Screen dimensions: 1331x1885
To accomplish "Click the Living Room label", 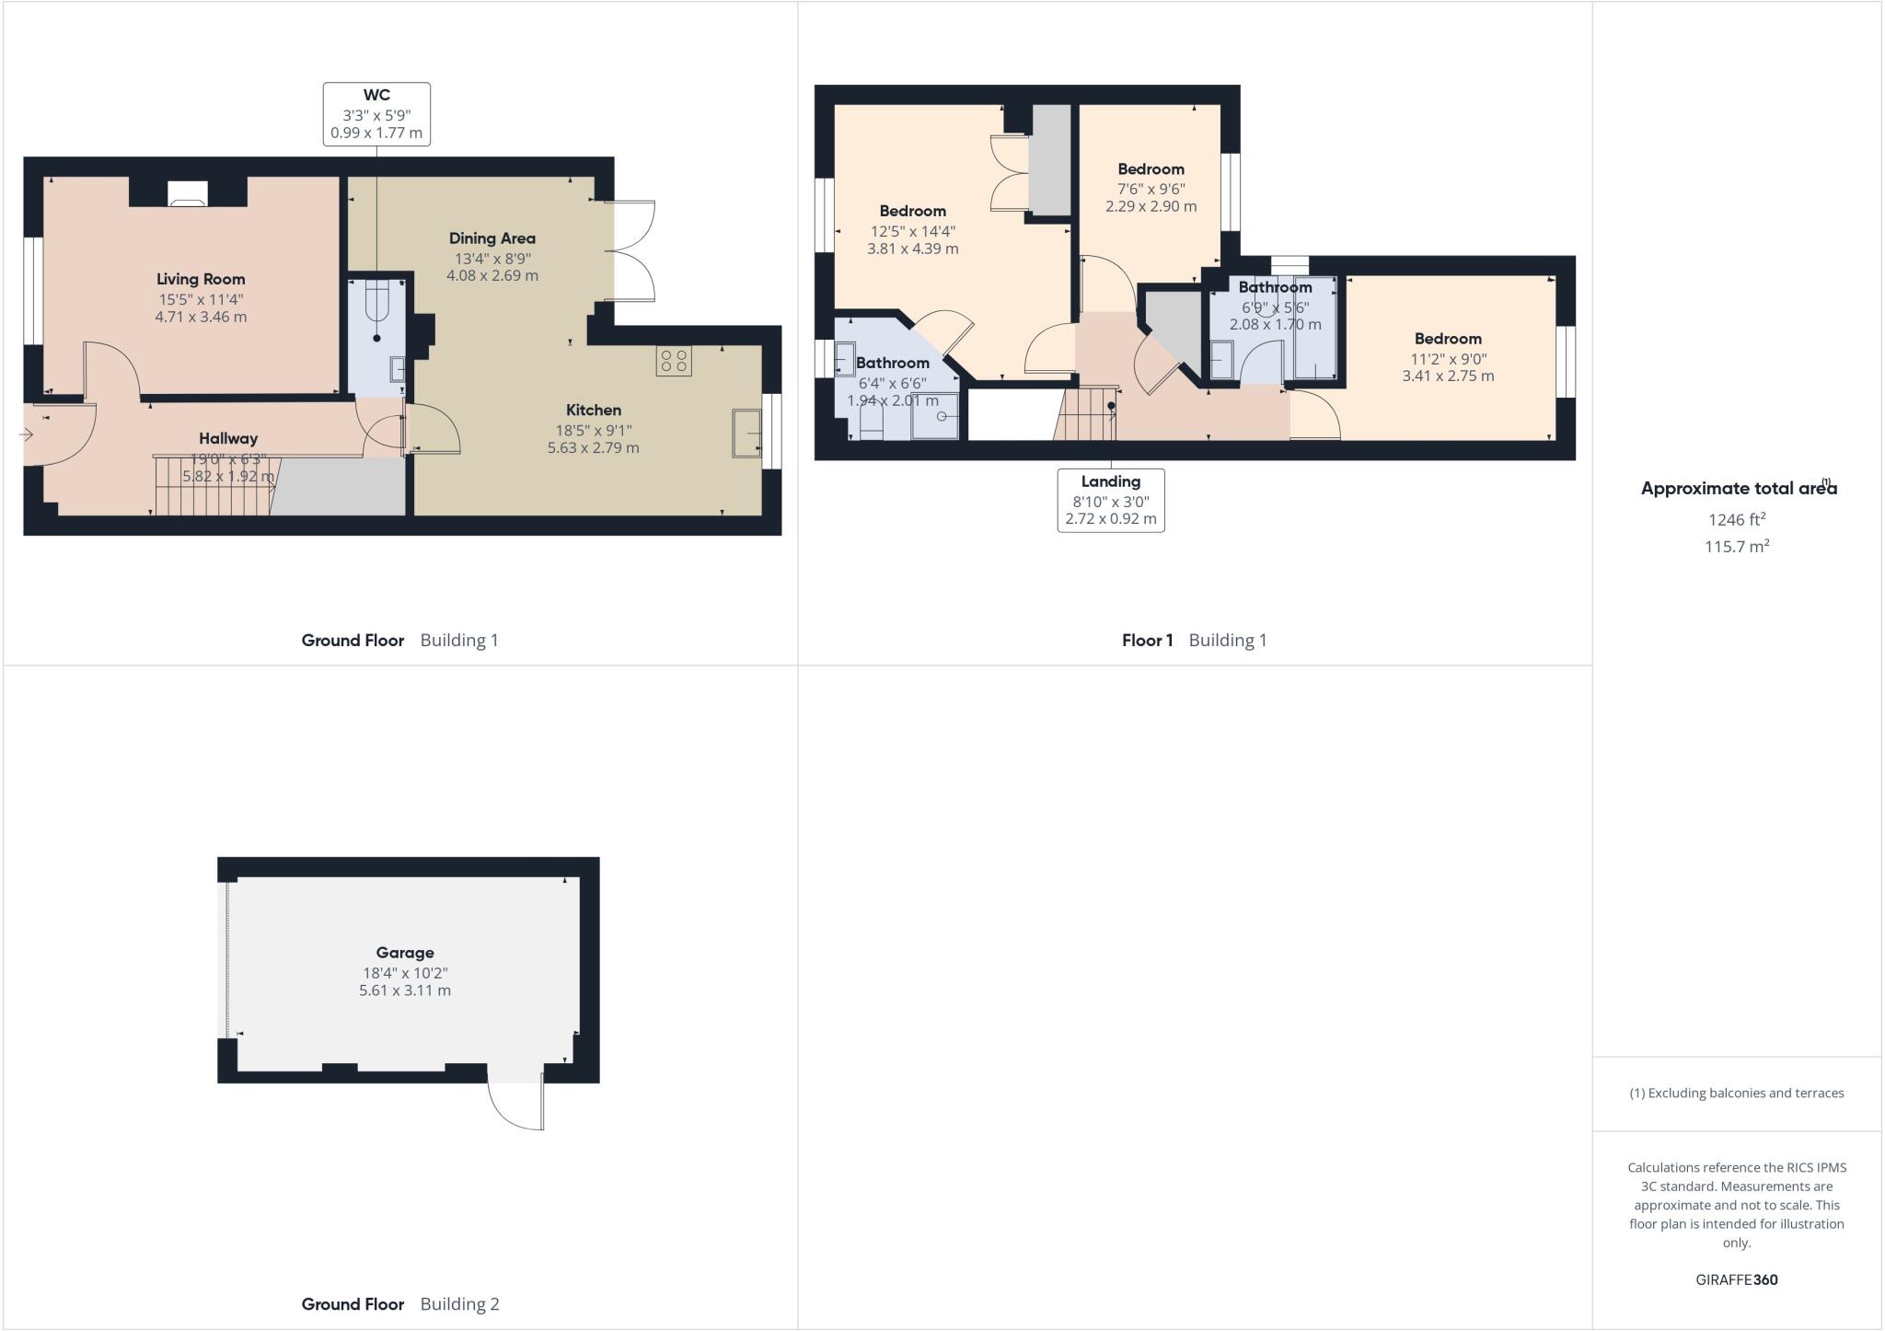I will pos(201,279).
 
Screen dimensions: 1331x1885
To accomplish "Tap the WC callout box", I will pos(376,114).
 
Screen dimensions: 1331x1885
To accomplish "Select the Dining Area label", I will pos(491,238).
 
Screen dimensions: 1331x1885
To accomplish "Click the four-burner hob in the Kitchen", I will pos(674,361).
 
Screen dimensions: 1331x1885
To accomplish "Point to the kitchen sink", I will pos(746,433).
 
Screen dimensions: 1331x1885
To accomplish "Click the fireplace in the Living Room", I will pos(188,193).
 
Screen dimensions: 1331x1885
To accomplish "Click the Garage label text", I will pos(404,953).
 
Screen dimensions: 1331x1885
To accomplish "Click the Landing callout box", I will pos(1110,500).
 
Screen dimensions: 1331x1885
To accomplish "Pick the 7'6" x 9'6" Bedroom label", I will pos(1151,169).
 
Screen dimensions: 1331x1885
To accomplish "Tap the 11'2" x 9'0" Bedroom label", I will pos(1448,339).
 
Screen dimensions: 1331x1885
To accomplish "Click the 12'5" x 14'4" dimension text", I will pos(913,231).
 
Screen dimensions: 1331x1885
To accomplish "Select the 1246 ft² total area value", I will pos(1737,520).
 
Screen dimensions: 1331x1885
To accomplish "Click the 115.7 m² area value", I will pos(1737,547).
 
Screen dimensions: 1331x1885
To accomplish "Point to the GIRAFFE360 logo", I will pos(1736,1279).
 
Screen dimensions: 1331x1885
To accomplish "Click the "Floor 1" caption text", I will pos(1147,641).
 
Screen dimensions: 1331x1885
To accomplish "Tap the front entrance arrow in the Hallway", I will pos(27,434).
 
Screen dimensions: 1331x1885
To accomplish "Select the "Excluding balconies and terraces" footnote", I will pos(1736,1094).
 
